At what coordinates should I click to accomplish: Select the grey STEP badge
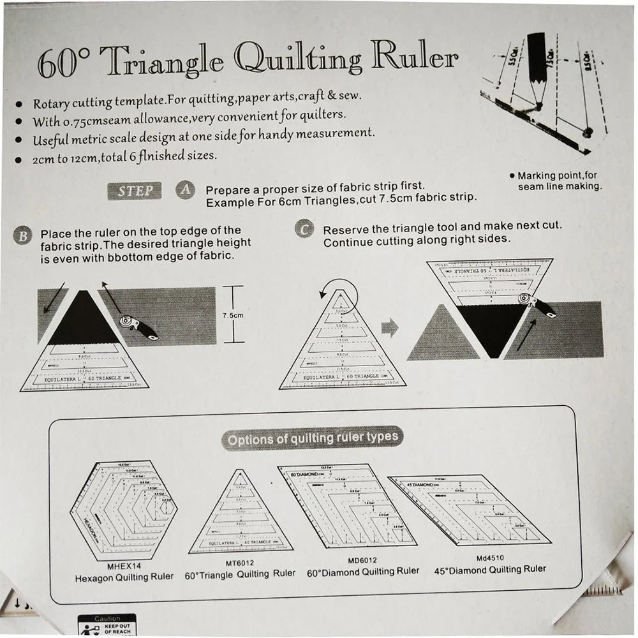click(135, 191)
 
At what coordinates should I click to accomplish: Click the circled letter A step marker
click(184, 189)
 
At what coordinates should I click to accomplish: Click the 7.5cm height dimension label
click(234, 315)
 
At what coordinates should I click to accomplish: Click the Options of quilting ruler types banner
click(313, 438)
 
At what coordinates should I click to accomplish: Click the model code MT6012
click(241, 563)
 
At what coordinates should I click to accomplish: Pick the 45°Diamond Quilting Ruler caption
click(490, 569)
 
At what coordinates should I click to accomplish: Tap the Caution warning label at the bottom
click(107, 619)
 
